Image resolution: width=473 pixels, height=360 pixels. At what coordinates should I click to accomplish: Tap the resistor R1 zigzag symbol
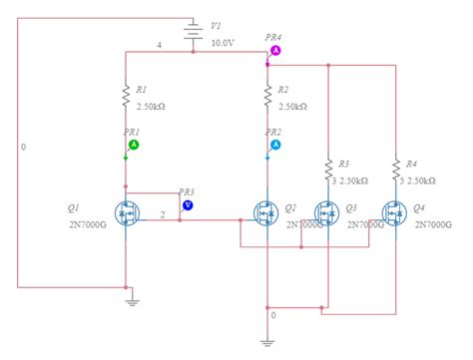click(127, 96)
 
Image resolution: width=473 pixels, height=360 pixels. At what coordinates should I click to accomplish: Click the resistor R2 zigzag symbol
click(267, 96)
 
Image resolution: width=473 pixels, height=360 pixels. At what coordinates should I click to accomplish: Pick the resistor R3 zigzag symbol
click(328, 170)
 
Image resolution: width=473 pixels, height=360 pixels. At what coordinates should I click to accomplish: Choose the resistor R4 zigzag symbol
click(396, 170)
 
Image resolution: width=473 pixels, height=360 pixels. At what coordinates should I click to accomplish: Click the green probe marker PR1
click(134, 145)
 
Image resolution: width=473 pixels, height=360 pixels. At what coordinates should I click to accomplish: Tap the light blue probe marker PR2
click(275, 145)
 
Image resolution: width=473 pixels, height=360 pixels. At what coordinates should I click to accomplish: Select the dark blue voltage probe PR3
click(187, 205)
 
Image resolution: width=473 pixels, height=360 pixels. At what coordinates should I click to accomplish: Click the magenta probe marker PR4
click(275, 50)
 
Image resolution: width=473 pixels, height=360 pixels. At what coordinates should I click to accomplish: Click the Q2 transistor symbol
click(264, 214)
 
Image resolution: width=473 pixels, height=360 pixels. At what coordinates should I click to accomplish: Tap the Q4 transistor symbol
click(393, 214)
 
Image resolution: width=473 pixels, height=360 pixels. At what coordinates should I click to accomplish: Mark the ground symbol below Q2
click(267, 340)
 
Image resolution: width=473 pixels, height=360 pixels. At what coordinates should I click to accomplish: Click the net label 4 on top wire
click(159, 45)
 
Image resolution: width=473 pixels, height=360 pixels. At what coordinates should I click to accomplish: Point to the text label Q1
click(73, 208)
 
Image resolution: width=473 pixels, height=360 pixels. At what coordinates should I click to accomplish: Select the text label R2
click(284, 90)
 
